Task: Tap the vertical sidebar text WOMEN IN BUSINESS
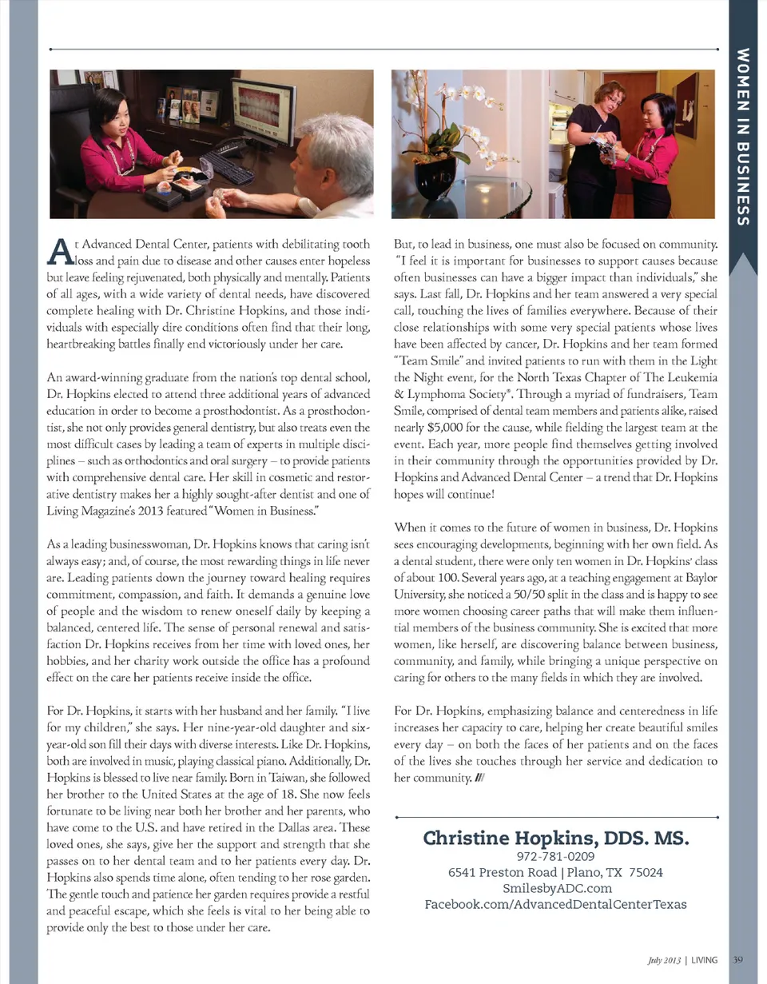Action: (x=743, y=136)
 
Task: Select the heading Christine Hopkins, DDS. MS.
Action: (x=556, y=839)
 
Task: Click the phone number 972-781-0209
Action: (x=556, y=857)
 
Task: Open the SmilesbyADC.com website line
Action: (x=556, y=888)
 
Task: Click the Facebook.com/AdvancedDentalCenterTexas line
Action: (x=556, y=904)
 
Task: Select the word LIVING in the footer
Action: (x=704, y=959)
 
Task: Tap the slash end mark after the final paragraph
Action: (x=476, y=775)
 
